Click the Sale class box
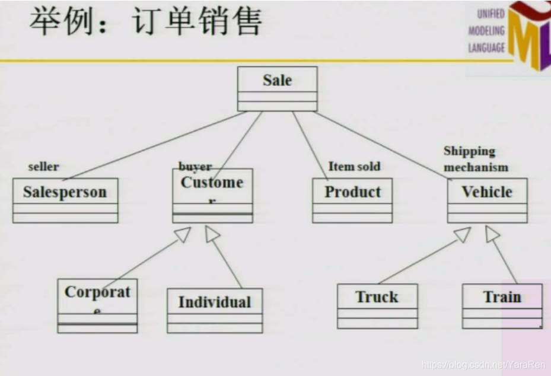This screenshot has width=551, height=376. click(277, 88)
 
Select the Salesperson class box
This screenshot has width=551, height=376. click(65, 200)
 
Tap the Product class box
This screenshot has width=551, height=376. click(352, 200)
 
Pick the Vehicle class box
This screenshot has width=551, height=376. click(487, 200)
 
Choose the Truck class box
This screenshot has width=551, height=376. click(377, 305)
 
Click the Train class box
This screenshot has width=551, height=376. click(502, 305)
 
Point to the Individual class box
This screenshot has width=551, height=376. click(215, 310)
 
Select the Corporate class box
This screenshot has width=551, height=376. click(97, 305)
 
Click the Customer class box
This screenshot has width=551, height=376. click(212, 195)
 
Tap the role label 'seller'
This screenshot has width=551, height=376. click(44, 167)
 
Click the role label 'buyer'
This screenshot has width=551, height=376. click(195, 167)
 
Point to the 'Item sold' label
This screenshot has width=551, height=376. click(354, 167)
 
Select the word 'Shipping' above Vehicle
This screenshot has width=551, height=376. click(469, 151)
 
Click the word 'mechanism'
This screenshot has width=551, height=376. click(476, 167)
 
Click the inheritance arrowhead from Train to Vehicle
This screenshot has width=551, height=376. click(492, 234)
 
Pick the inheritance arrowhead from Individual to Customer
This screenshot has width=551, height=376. click(212, 234)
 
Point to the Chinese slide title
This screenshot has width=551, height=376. click(145, 23)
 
